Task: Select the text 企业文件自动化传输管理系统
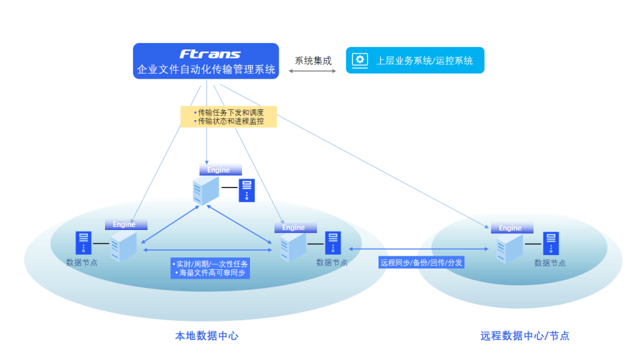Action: tap(206, 69)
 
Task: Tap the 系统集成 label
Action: tap(313, 61)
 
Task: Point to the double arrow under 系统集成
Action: tap(312, 72)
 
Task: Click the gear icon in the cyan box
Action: tap(360, 60)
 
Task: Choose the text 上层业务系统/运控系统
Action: tap(424, 61)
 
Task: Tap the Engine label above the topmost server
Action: tap(219, 170)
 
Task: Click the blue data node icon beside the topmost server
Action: tap(247, 190)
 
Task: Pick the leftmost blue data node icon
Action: tap(84, 242)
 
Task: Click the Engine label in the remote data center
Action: tap(510, 228)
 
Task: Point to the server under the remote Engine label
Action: tap(509, 249)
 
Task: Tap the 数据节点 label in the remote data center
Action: tap(550, 263)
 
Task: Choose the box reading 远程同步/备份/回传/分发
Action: tap(421, 262)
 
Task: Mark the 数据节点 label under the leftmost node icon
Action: tap(82, 262)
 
